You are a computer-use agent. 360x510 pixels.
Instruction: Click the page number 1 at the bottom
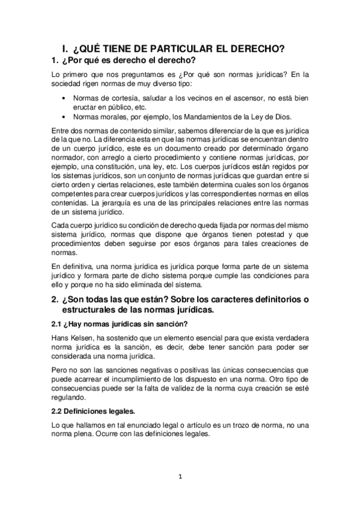(x=179, y=478)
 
